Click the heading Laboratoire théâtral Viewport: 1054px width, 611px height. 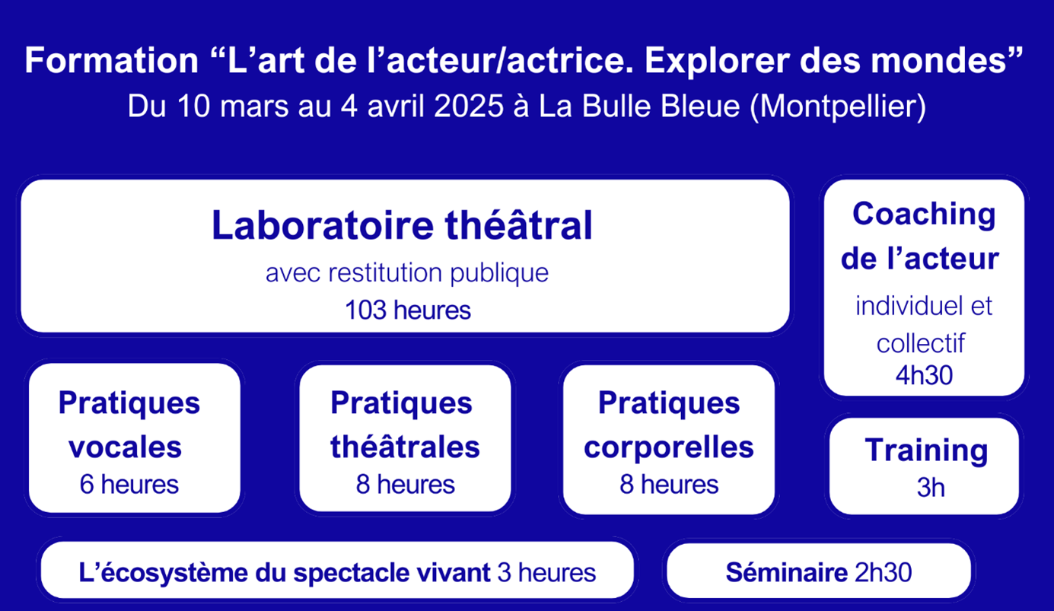pos(402,226)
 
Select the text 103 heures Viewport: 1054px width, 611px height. pos(407,310)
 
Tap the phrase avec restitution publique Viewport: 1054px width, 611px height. pos(407,272)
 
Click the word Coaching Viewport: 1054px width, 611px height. pos(923,214)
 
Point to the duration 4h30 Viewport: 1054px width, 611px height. pos(924,375)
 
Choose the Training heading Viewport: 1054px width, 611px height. pos(926,450)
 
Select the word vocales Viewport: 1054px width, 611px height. pos(126,447)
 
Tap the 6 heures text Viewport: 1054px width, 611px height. pos(129,484)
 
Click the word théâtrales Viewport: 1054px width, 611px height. pos(405,447)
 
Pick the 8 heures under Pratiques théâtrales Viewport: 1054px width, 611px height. pos(405,484)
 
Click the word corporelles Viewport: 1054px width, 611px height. pos(668,447)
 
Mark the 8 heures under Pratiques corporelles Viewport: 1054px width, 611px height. pos(668,484)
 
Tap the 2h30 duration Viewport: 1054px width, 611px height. pos(884,572)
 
